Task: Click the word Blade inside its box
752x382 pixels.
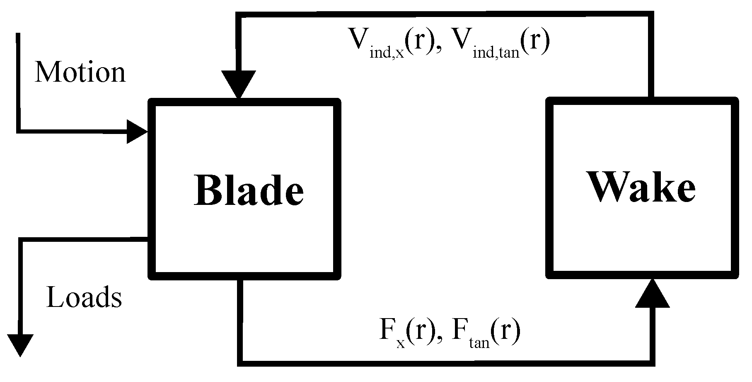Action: click(249, 190)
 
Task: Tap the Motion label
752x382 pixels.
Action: click(80, 72)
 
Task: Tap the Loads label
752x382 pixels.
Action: click(84, 297)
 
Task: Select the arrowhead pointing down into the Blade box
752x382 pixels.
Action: click(239, 84)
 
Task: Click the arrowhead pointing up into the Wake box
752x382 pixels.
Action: click(652, 293)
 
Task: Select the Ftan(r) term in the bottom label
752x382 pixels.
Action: click(485, 332)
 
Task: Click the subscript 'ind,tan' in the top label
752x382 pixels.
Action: click(496, 53)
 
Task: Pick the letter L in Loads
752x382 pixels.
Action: click(54, 297)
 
